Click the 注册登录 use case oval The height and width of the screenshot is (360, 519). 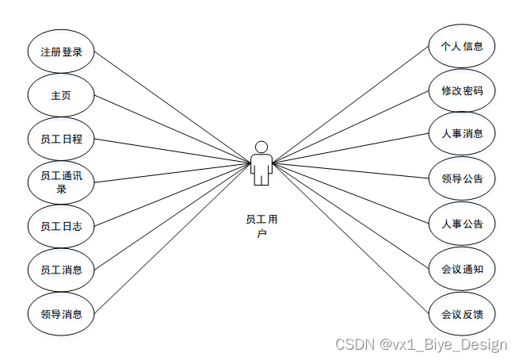(x=61, y=52)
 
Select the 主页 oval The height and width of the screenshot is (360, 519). (x=61, y=96)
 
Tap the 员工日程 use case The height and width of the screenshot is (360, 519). (x=61, y=140)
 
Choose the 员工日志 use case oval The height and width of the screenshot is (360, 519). (x=61, y=226)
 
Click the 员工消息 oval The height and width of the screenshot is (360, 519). (x=61, y=270)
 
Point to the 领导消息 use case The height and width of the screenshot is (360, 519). (x=61, y=312)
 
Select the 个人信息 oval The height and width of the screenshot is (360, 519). (x=462, y=47)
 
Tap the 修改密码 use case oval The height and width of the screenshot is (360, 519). (x=462, y=90)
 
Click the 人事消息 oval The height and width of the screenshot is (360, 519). (x=462, y=133)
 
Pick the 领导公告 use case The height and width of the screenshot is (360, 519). (x=462, y=178)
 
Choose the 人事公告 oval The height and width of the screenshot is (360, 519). (x=462, y=224)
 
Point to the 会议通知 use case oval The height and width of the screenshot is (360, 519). (x=462, y=269)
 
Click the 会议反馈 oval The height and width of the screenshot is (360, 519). (x=462, y=313)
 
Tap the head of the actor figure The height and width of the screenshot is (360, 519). (x=261, y=147)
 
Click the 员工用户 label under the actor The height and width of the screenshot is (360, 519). (x=261, y=225)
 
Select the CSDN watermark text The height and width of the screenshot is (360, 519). (x=421, y=345)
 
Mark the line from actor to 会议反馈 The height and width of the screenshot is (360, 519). (x=353, y=239)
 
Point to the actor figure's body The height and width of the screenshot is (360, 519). (x=261, y=168)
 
